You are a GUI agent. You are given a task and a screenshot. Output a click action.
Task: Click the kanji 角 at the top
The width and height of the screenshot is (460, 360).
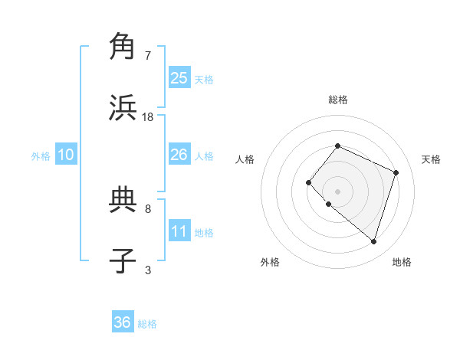123,47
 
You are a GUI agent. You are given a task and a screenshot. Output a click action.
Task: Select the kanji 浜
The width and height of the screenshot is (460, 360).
123,108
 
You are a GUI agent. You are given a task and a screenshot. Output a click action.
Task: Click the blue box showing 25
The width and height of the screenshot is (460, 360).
179,77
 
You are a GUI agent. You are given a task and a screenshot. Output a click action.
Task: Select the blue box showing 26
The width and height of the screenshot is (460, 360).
179,155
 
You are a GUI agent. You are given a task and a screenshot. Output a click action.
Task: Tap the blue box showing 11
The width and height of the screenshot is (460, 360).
179,231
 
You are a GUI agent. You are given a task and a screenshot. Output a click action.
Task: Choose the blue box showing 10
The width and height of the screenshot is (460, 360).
66,155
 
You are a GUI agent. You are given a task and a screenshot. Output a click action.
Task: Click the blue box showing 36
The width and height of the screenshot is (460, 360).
123,322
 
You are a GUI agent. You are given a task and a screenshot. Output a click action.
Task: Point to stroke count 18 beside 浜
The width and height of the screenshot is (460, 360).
148,117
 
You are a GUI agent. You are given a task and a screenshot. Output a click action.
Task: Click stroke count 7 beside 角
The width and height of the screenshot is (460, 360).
148,56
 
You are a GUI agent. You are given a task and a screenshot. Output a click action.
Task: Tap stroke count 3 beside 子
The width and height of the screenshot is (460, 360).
148,270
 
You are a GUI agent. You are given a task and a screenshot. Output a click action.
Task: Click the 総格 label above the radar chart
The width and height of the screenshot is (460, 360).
337,100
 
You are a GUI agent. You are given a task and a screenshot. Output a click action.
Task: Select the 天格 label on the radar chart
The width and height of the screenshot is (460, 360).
431,159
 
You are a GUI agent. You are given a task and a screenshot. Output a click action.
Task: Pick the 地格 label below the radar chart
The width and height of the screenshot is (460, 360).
402,262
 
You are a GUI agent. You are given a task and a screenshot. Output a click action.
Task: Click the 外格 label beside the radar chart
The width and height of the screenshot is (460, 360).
270,262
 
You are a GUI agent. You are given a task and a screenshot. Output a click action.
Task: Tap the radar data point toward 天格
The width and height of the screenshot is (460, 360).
396,172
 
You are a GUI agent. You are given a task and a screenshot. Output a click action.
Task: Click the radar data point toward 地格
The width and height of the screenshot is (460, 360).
373,241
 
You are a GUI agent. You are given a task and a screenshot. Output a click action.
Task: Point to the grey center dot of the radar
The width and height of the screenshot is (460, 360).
337,191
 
